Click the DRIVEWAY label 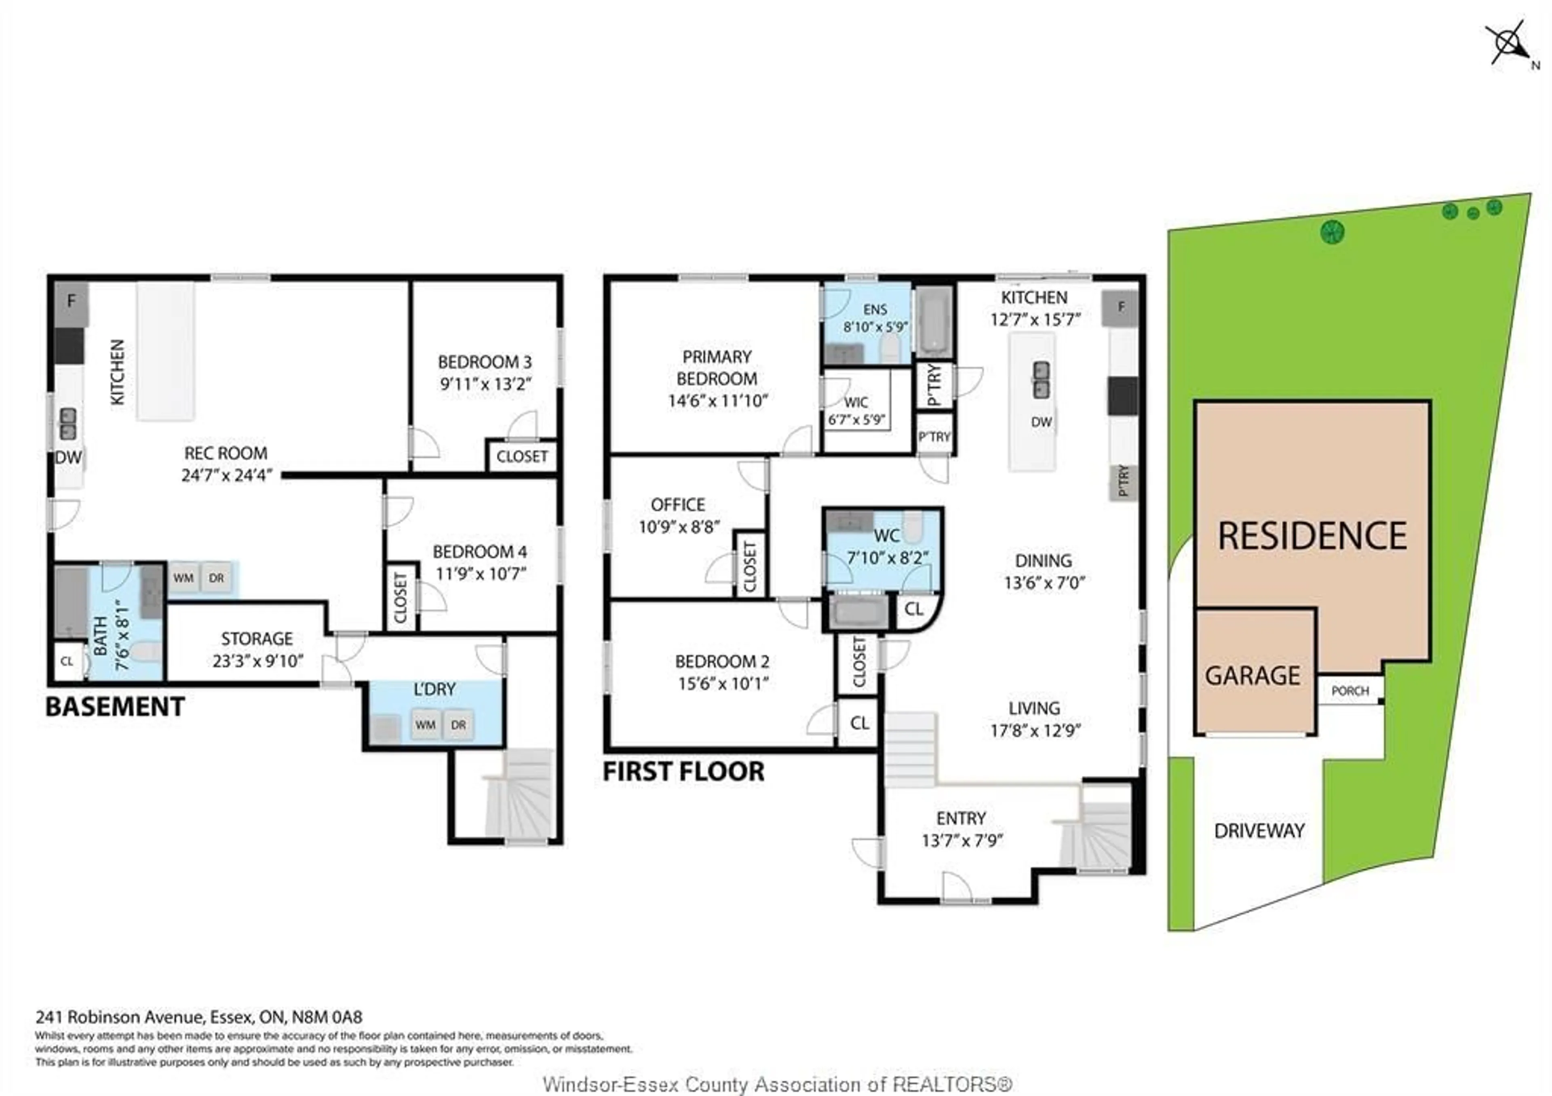(1259, 831)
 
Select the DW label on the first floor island (1041, 422)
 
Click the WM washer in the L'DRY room (425, 725)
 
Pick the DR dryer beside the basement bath (216, 578)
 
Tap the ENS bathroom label (874, 310)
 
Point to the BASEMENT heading (115, 707)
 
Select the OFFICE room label (677, 505)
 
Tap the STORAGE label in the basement (257, 639)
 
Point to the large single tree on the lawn (1332, 232)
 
